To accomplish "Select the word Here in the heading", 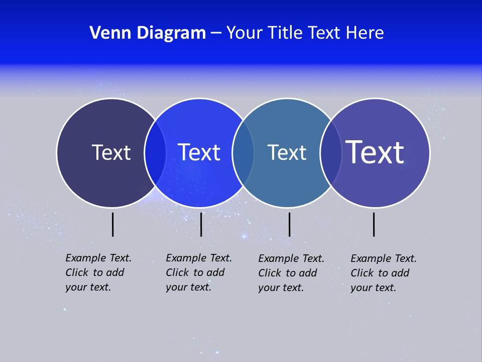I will (365, 33).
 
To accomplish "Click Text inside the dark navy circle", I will (111, 152).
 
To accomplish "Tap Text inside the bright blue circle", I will (199, 152).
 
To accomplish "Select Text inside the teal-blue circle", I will (287, 152).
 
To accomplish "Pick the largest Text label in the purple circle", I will (375, 152).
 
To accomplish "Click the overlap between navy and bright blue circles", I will (155, 152).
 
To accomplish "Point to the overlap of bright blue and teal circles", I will (243, 152).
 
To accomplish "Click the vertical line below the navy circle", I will (113, 224).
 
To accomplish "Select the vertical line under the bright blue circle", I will (201, 224).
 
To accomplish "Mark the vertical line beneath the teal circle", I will (290, 224).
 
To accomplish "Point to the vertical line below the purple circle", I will (374, 224).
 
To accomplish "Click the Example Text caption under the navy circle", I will (98, 273).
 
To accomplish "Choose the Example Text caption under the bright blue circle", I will (198, 273).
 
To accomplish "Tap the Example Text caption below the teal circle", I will (291, 273).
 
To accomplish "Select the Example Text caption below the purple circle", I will (383, 273).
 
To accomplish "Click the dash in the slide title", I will (216, 34).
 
